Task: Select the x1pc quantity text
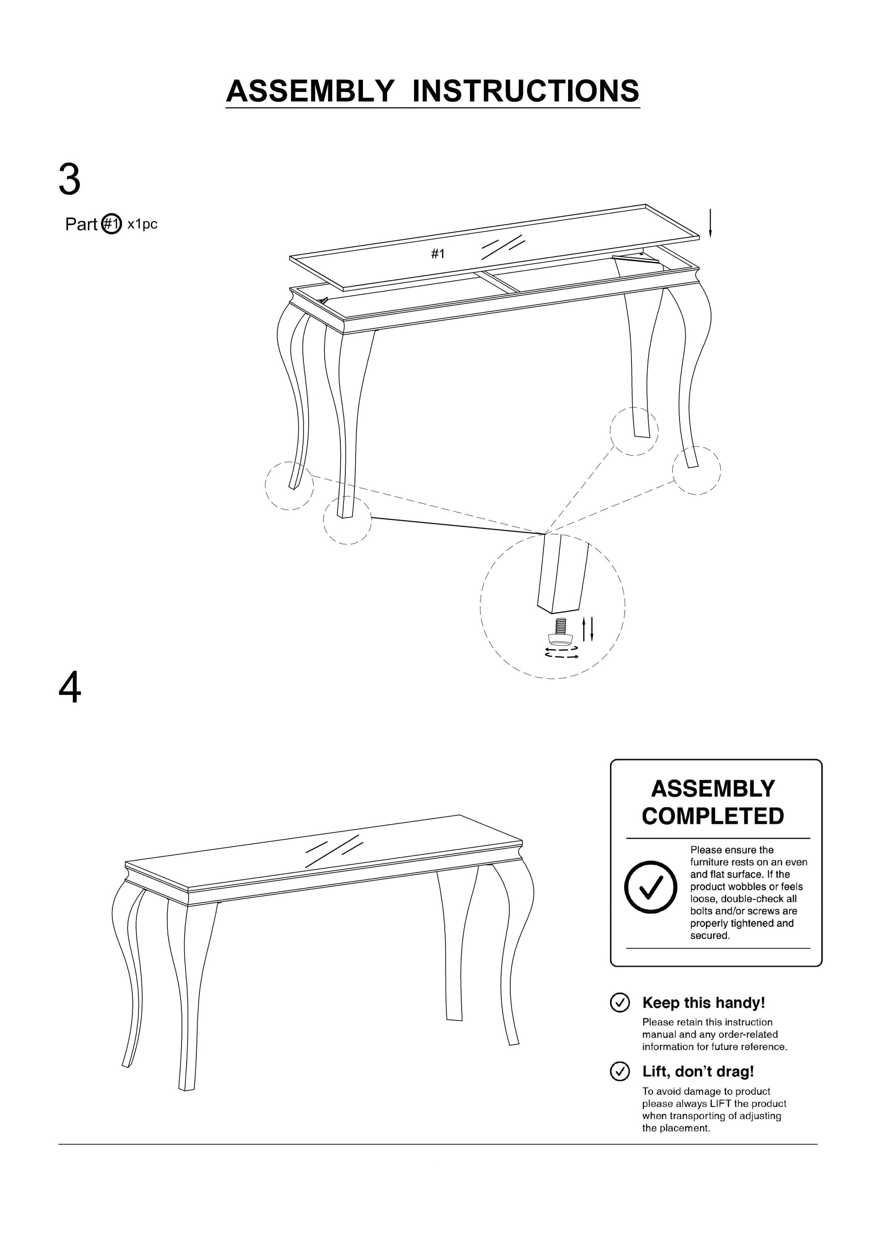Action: click(x=142, y=224)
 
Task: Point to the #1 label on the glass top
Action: click(x=438, y=254)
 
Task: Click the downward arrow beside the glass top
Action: click(x=710, y=224)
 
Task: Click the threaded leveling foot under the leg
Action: click(x=561, y=633)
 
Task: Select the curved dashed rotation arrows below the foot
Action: click(x=562, y=653)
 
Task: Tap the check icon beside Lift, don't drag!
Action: click(x=619, y=1071)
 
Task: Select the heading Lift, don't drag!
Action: click(x=698, y=1071)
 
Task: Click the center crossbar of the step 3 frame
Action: click(x=496, y=282)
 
